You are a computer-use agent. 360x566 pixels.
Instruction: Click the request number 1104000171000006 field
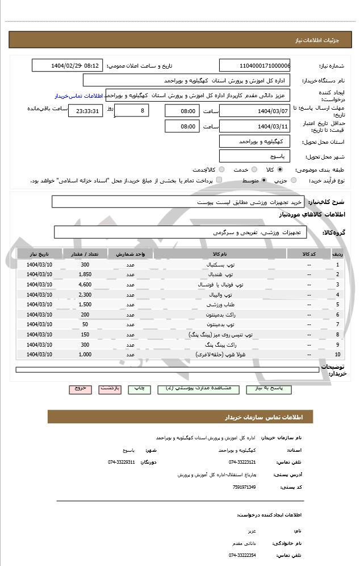click(x=254, y=65)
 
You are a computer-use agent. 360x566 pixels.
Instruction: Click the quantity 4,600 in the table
click(x=85, y=284)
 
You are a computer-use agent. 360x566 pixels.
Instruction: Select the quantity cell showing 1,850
click(x=85, y=274)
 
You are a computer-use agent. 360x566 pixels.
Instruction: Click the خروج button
click(x=80, y=389)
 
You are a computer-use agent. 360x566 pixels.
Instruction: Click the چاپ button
click(x=139, y=389)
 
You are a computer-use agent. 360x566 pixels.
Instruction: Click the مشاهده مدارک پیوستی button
click(x=198, y=389)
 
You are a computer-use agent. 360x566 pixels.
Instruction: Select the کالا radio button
click(x=279, y=169)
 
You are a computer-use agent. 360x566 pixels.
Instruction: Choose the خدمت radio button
click(x=253, y=169)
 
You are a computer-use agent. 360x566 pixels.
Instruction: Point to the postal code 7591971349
click(x=244, y=487)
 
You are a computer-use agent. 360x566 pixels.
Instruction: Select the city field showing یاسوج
click(x=254, y=156)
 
